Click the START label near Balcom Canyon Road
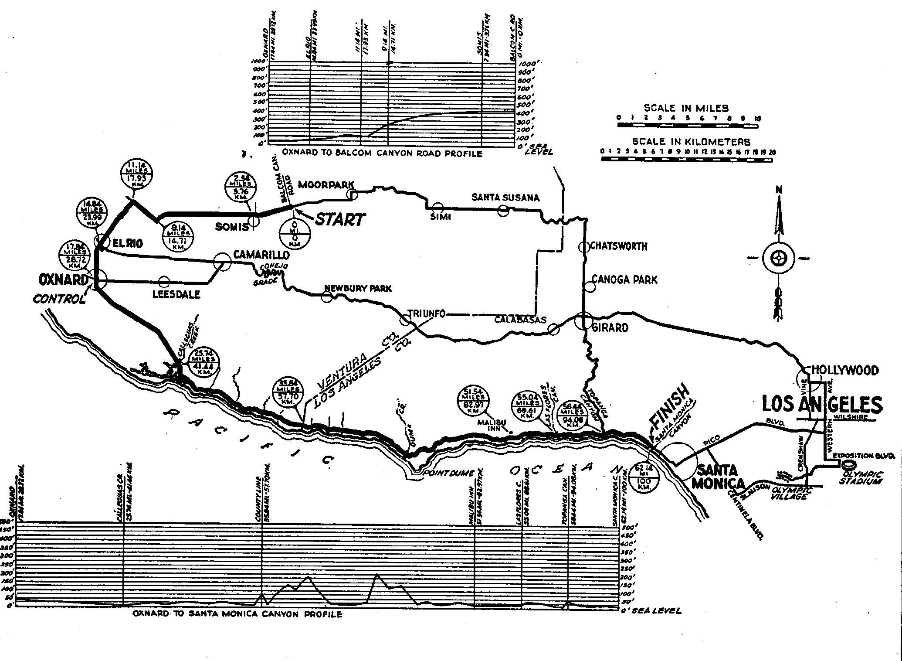[x=340, y=219]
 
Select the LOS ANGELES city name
[x=822, y=405]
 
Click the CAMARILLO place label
[x=261, y=254]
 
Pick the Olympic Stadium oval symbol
[x=849, y=465]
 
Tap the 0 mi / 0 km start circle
[x=295, y=234]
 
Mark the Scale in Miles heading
[x=686, y=108]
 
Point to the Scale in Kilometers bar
[x=686, y=160]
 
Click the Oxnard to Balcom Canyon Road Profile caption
[x=382, y=153]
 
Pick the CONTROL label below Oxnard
[x=59, y=299]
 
